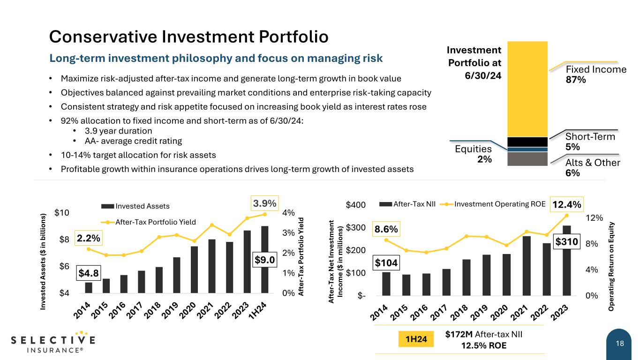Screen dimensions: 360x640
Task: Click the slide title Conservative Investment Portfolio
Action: [x=189, y=37]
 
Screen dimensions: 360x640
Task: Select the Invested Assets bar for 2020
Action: [x=194, y=270]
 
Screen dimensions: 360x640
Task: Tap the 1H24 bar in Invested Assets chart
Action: [x=265, y=260]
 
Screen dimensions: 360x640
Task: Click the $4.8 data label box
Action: [x=89, y=272]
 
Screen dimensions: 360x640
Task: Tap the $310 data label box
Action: [x=567, y=242]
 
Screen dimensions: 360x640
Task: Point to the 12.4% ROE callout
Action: [x=567, y=204]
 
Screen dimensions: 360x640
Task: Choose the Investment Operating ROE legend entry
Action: [x=495, y=204]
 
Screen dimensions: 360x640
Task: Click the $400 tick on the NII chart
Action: [x=355, y=205]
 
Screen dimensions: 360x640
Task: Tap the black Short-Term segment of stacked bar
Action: [x=527, y=142]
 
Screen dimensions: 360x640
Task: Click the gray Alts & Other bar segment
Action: [x=527, y=159]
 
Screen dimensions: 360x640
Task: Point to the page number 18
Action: [x=620, y=344]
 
